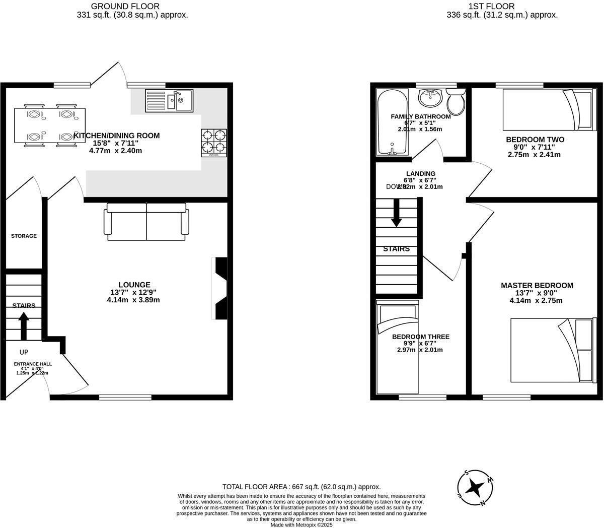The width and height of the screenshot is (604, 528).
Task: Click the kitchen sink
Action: [x=169, y=100]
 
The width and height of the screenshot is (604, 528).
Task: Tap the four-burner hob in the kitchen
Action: [x=214, y=143]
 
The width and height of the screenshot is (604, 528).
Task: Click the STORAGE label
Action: [x=24, y=236]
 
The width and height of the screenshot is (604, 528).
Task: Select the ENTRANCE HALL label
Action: [x=33, y=364]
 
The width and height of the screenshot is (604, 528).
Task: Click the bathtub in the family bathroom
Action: [x=393, y=122]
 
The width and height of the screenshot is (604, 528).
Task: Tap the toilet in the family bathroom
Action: [x=457, y=102]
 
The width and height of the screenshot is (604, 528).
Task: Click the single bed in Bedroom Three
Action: [x=398, y=348]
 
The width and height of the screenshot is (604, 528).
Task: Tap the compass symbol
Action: [x=474, y=487]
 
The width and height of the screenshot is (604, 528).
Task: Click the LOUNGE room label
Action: [x=134, y=285]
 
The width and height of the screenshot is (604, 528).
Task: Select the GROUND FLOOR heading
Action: [x=125, y=7]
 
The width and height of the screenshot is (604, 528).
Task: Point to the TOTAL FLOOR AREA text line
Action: [x=301, y=487]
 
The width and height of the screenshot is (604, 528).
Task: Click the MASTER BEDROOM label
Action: [x=537, y=286]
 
